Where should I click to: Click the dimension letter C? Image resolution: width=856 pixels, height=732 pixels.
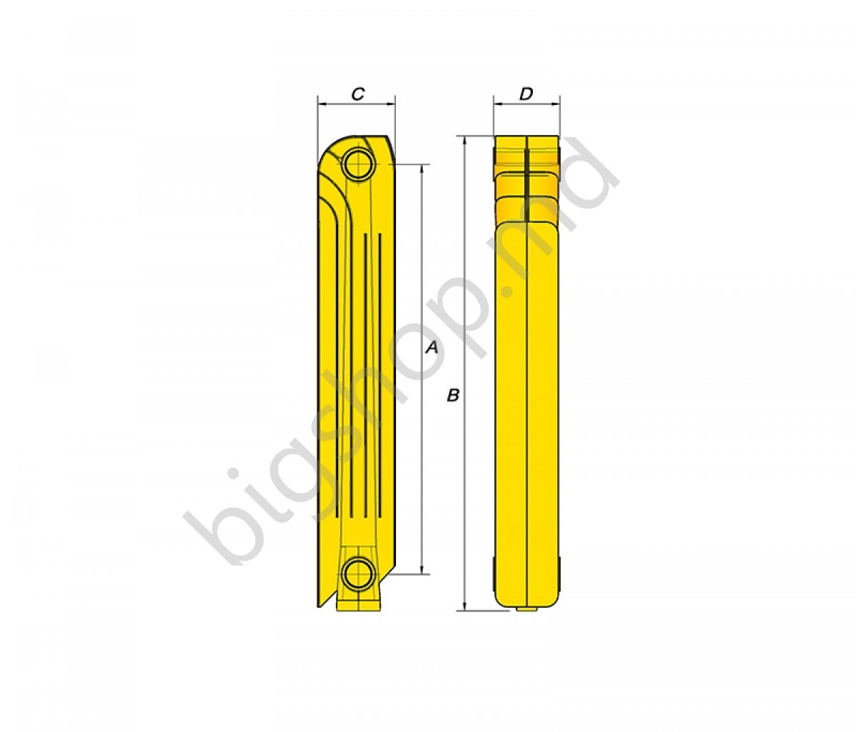[x=358, y=94]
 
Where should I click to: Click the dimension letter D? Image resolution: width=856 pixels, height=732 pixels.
[x=526, y=94]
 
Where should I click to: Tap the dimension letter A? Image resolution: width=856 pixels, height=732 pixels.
[x=432, y=347]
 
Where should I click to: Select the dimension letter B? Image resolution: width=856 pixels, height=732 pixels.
[x=453, y=395]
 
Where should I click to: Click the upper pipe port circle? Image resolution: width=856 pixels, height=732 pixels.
[x=359, y=164]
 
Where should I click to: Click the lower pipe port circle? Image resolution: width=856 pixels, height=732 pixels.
[x=359, y=575]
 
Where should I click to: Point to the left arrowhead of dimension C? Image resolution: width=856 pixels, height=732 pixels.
[x=322, y=104]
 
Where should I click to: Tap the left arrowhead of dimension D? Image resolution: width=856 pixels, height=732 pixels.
[x=497, y=104]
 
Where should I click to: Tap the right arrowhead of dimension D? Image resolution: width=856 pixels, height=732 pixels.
[x=556, y=104]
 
